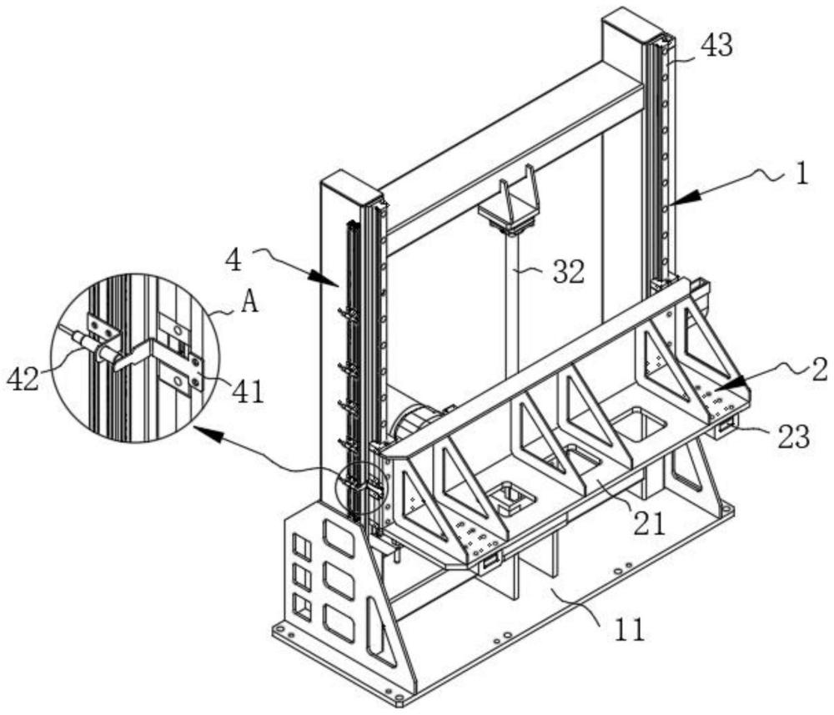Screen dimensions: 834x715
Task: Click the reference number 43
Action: point(716,46)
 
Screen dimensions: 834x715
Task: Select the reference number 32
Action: point(568,272)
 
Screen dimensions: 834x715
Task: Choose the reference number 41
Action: point(248,393)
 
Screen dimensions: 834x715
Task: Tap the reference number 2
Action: point(820,370)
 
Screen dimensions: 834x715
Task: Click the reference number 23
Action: point(793,437)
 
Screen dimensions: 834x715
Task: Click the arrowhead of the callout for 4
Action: point(325,278)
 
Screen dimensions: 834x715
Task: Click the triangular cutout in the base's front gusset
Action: point(379,631)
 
